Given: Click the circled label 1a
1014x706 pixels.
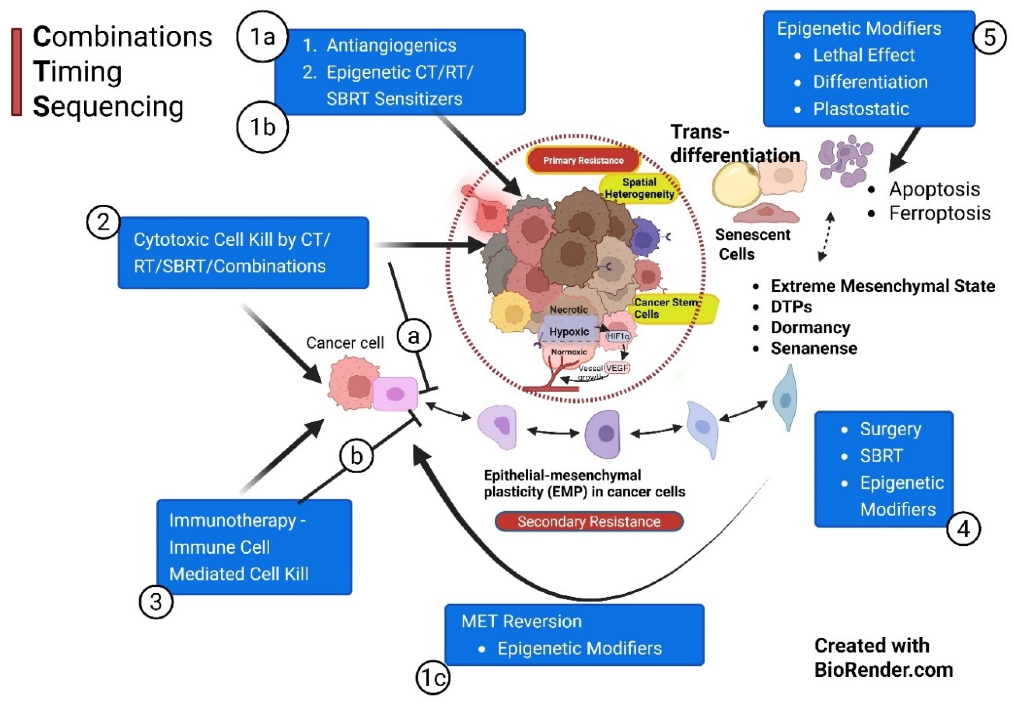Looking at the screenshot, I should [262, 36].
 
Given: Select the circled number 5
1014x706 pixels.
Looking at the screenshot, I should [990, 37].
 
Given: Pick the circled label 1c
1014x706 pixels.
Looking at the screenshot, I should [433, 677].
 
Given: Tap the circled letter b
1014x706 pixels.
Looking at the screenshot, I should [356, 456].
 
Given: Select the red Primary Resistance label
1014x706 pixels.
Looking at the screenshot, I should [583, 161].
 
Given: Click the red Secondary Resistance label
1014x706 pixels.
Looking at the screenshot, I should [589, 522].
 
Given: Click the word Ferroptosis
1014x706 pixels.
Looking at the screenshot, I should [939, 213].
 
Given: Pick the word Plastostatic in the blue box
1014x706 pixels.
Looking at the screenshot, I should [861, 109].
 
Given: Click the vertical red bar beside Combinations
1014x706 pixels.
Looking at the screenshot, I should [16, 72].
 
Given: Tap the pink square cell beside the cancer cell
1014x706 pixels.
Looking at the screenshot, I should [395, 394].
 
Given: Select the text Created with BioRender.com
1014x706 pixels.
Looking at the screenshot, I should [883, 657].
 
